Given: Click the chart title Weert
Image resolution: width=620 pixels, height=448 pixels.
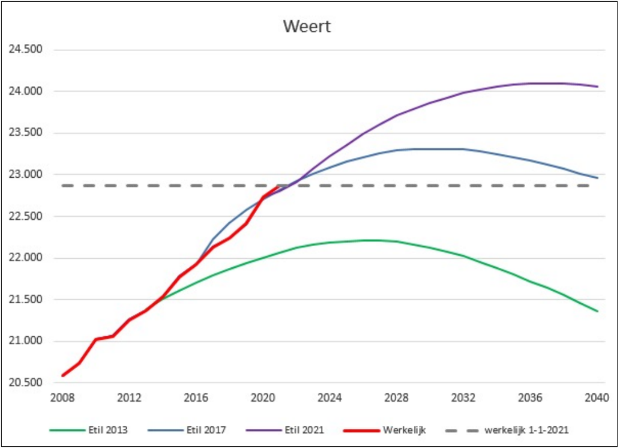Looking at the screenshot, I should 307,27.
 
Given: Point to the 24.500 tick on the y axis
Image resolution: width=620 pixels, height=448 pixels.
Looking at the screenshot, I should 25,49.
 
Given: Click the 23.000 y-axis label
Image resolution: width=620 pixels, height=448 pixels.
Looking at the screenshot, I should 25,175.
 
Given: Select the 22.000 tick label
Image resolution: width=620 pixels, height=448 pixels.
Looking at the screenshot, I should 25,258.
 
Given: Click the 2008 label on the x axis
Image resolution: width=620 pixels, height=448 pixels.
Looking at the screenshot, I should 62,398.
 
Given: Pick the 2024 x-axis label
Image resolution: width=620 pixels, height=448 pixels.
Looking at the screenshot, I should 330,398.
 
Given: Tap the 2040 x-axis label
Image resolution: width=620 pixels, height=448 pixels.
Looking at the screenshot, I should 597,398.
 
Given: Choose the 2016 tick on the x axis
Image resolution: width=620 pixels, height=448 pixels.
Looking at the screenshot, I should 196,398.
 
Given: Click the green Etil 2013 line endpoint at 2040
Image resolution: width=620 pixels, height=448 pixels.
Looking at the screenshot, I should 597,311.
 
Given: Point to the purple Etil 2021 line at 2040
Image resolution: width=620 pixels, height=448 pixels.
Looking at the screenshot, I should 597,86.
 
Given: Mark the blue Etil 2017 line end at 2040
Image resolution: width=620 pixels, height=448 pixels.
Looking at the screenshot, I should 597,178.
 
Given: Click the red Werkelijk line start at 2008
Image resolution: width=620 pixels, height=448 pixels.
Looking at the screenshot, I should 63,375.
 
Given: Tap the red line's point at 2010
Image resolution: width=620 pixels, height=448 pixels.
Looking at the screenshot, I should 96,339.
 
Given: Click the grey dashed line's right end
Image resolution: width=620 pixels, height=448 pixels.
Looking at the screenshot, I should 595,186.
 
